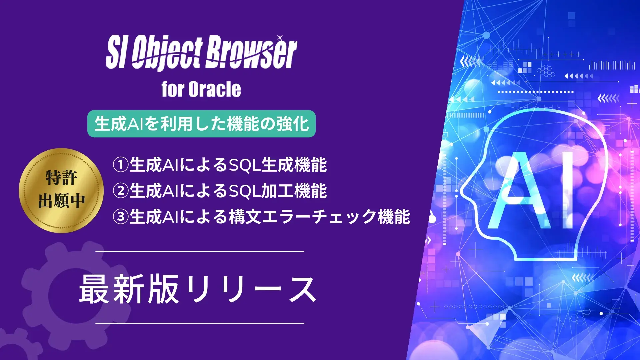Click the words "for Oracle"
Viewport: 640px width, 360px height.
coord(201,89)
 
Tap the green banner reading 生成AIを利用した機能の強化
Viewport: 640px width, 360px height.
coord(201,124)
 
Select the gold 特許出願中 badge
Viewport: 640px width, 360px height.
coord(61,190)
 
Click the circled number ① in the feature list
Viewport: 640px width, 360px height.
coord(120,165)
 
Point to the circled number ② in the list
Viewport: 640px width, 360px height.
coord(120,191)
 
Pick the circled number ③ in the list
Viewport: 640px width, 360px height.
coord(120,217)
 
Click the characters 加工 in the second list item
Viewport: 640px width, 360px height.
coord(277,191)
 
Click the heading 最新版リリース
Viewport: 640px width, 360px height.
coord(198,289)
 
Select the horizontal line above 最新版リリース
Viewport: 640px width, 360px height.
coord(200,251)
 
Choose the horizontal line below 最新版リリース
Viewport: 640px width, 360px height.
coord(200,323)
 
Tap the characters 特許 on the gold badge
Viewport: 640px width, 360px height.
coord(61,177)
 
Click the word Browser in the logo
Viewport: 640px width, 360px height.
coord(251,53)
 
